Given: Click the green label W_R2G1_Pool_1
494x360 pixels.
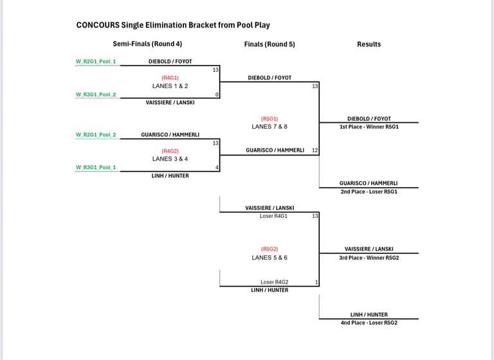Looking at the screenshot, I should coord(96,62).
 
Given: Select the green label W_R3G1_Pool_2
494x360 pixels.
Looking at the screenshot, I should coord(96,94).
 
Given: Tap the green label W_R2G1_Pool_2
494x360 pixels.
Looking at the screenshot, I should coord(96,135).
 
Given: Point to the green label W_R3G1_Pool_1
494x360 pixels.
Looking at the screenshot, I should coord(96,168).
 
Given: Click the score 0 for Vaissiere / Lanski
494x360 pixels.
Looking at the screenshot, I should coord(217,94).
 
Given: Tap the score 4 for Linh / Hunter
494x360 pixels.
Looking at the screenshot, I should coord(217,168).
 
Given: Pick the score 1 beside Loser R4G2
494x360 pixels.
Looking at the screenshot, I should coord(316,282).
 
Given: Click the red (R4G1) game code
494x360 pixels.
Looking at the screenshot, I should coord(170,78).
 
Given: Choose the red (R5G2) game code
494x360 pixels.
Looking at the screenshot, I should coord(270,249).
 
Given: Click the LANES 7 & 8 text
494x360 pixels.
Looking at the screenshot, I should coord(270,127).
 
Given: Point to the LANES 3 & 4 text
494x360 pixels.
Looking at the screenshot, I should coord(170,159).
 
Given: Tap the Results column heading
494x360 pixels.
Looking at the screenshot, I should coord(369,44).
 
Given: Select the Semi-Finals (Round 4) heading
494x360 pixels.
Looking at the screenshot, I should coord(147,44).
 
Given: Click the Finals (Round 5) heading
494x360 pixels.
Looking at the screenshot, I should coord(270,44).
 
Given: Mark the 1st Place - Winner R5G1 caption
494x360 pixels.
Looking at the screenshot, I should coord(369,127).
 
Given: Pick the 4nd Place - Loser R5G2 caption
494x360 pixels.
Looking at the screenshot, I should coord(369,323).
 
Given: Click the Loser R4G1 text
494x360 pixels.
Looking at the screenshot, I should coord(273,216).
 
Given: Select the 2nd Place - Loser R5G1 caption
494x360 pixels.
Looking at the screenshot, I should coord(369,192).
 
